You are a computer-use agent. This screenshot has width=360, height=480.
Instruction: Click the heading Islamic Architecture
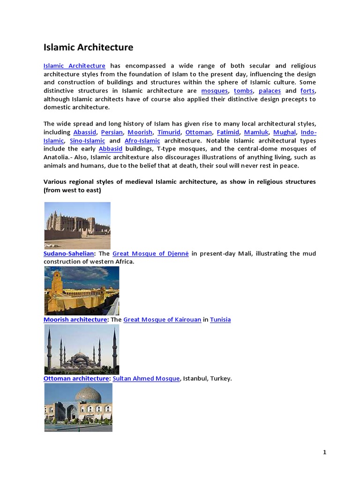(88, 47)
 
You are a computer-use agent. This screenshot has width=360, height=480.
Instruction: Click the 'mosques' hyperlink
(214, 90)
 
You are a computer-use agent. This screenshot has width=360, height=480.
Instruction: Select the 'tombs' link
(243, 90)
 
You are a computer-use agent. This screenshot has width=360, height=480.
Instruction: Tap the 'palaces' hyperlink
(270, 90)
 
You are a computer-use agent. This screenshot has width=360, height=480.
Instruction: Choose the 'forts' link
(307, 90)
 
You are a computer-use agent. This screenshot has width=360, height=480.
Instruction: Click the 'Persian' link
(112, 132)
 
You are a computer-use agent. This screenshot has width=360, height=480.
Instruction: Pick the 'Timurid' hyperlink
(169, 132)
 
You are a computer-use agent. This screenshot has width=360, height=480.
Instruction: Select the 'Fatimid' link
(228, 132)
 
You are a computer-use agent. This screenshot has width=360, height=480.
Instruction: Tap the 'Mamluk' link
(256, 132)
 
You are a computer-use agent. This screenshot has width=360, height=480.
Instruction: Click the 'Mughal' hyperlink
(285, 132)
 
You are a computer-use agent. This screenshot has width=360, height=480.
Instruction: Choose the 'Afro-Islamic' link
(142, 141)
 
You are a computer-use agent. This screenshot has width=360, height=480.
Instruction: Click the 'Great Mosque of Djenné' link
(150, 254)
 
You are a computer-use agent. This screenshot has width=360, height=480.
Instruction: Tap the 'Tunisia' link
(220, 320)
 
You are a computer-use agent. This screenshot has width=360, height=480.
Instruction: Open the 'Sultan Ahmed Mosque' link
(146, 378)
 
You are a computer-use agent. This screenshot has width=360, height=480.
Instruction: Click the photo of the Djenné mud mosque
(77, 225)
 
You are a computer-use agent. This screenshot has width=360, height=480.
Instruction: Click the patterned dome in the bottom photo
(88, 395)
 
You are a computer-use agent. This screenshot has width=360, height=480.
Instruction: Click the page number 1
(324, 452)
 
